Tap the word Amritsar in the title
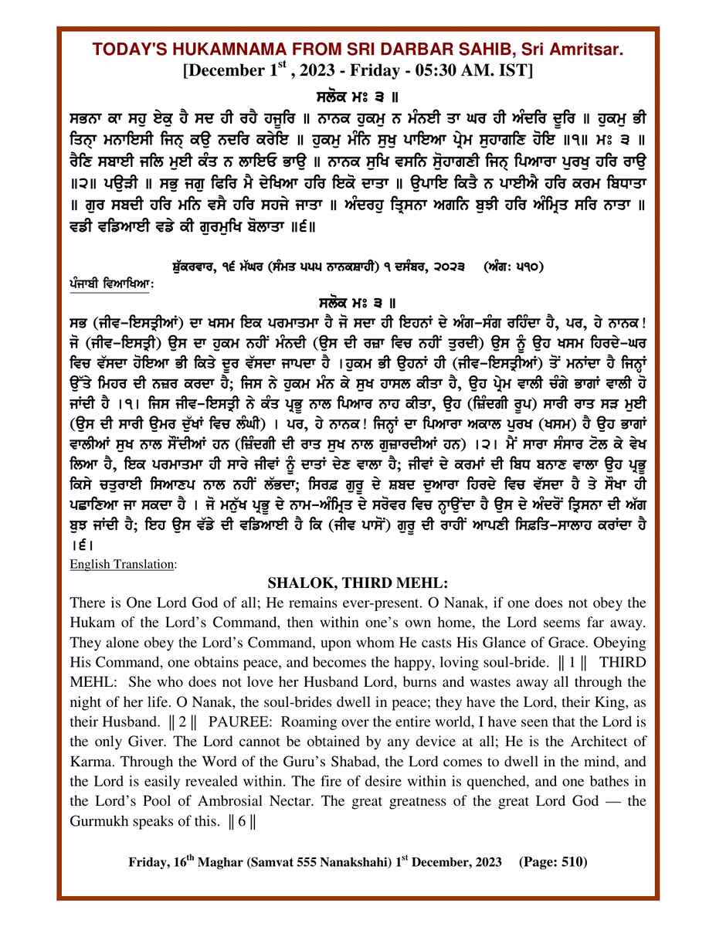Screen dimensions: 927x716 pos(583,50)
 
